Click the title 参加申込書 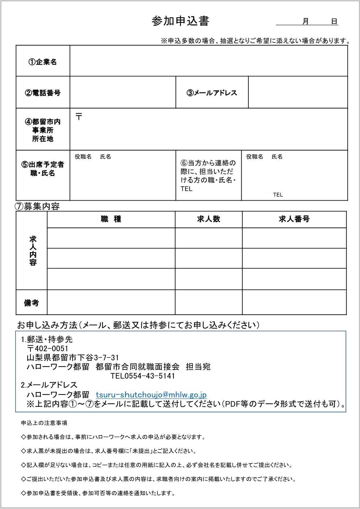180,21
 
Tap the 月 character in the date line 305,21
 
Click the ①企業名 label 43,62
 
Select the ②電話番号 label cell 43,93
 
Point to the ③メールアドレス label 212,93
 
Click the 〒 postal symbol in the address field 79,116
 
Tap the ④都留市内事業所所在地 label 43,130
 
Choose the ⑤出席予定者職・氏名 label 43,169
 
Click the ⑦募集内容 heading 37,206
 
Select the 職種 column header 111,219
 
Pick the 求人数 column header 209,219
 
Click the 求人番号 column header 294,219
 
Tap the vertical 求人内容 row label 33,251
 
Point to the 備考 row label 31,303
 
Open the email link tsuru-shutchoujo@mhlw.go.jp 151,394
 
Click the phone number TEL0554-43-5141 143,376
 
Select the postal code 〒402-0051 48,349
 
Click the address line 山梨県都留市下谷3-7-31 73,358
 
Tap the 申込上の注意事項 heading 44,423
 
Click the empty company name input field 209,61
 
